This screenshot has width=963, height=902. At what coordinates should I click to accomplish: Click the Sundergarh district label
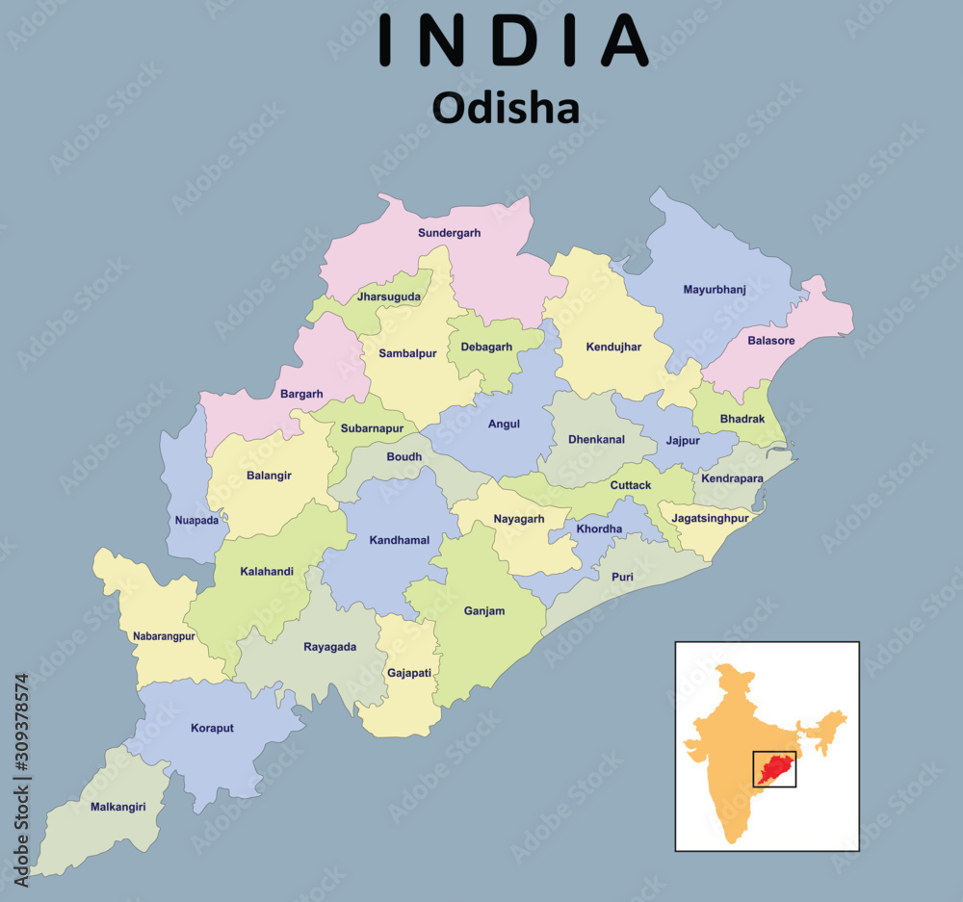coord(449,233)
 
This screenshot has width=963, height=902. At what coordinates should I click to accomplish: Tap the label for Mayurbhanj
coord(715,289)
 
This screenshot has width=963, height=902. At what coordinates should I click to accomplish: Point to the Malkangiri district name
coord(118,807)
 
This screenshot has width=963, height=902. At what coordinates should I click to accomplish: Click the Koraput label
coord(212,728)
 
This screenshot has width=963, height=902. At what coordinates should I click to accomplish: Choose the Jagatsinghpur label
coord(710,518)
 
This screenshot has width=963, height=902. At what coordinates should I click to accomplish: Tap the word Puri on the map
coord(622,577)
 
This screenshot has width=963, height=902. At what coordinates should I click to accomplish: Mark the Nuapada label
coord(196,521)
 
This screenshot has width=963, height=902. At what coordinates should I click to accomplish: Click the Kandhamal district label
coord(400,540)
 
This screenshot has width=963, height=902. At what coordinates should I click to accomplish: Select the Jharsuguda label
coord(389,296)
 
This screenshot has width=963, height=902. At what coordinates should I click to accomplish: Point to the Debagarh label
coord(486,347)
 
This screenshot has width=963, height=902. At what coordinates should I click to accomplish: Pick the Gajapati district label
coord(409,673)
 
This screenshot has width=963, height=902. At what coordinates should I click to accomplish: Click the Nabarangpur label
coord(164,636)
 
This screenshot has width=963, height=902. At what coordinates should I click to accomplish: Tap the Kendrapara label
coord(732,477)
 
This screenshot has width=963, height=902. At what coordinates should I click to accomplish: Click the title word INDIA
coord(513,41)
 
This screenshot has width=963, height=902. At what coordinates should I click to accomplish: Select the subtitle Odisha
coord(506,107)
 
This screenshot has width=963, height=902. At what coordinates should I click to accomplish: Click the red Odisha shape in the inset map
coord(773,768)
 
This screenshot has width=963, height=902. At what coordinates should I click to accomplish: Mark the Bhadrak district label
coord(742,419)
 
